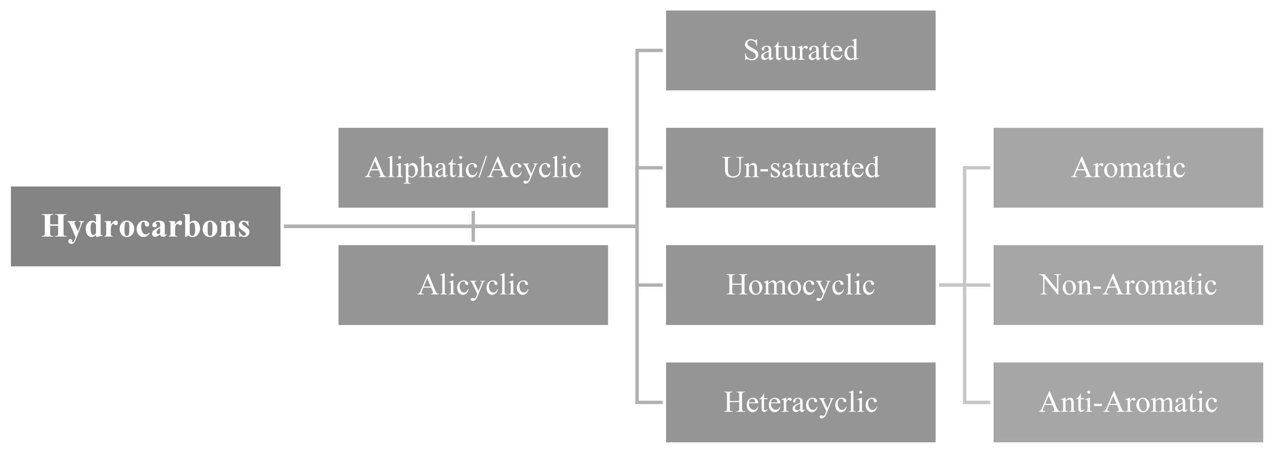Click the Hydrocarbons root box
tap(145, 226)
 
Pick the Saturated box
tap(800, 50)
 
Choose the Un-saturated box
tap(800, 168)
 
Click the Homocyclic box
tap(800, 285)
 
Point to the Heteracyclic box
tap(800, 402)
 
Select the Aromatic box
tap(1128, 168)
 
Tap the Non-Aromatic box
tap(1128, 285)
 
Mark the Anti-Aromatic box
tap(1128, 402)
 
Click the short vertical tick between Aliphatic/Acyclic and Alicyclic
tap(473, 226)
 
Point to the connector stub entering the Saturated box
tap(650, 50)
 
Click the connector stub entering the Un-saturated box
tap(650, 168)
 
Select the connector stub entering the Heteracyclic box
tap(650, 402)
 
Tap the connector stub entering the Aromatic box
tap(977, 168)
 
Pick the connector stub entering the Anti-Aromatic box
tap(977, 402)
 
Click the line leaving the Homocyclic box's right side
tap(951, 285)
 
